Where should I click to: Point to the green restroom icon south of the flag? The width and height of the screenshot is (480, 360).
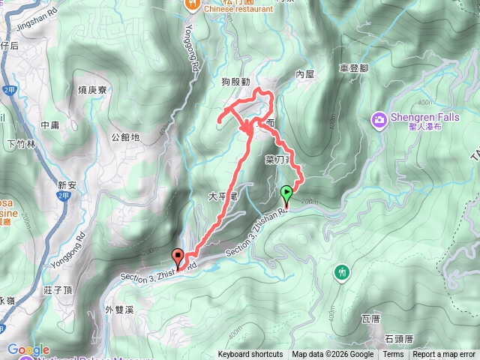pos(343,271)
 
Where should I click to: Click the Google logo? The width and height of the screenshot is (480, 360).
pos(28,349)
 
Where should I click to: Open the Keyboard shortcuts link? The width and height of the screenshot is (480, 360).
pos(250,355)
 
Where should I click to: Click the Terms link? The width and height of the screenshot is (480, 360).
pos(393,355)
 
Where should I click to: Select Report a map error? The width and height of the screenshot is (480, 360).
pos(444,355)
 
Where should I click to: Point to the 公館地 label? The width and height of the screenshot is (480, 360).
pos(125,137)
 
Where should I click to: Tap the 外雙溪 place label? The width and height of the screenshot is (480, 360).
pos(120,309)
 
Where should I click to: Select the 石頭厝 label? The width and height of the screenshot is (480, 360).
pos(398,339)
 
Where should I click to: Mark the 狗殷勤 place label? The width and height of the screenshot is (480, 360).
pos(235,80)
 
